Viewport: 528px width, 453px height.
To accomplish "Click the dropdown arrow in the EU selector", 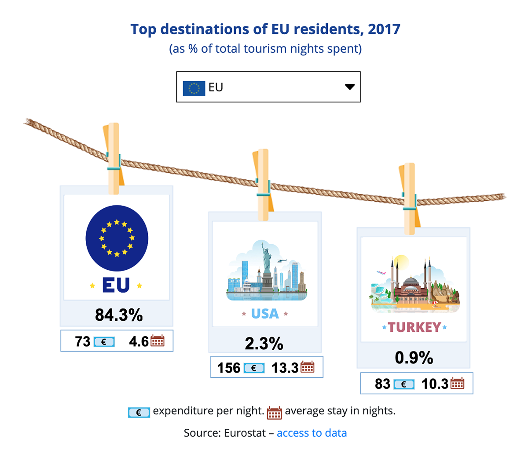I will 349,87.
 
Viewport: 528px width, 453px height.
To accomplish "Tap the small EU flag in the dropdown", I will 194,88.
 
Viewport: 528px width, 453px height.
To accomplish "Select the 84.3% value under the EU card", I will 119,315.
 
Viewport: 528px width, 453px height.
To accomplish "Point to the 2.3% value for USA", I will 264,344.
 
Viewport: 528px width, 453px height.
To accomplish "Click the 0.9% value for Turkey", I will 414,358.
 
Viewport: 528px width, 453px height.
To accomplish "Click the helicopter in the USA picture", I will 282,261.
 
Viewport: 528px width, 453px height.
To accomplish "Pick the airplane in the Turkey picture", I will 381,272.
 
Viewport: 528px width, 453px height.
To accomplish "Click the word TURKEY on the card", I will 414,327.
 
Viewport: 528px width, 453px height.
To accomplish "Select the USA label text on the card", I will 265,314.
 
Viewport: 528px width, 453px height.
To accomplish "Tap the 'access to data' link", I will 312,433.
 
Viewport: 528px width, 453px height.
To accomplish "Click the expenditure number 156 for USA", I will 229,368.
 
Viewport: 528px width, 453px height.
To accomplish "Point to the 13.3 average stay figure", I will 285,368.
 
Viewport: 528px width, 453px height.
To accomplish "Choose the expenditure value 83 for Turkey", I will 382,384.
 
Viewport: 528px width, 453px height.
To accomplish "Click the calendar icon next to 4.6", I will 158,341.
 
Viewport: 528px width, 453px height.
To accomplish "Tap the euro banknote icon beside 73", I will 104,342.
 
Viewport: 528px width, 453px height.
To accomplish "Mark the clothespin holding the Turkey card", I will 409,198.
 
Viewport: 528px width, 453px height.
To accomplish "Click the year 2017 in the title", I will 384,29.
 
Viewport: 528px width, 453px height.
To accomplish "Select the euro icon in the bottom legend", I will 139,412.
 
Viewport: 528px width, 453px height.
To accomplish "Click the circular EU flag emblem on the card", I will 117,238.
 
